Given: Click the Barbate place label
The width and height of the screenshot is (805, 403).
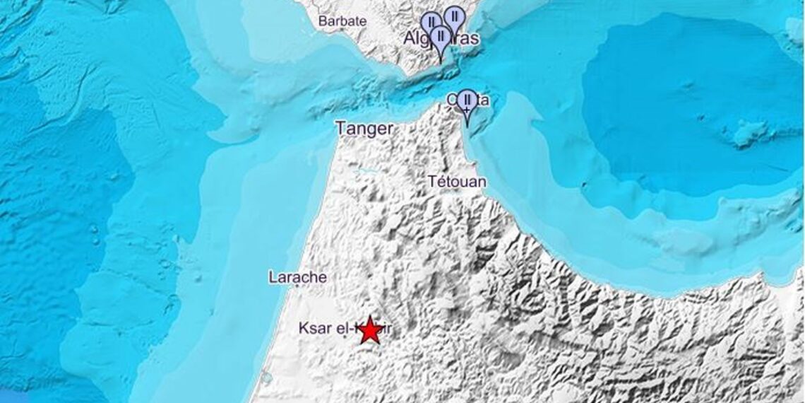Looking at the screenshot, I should (x=342, y=21).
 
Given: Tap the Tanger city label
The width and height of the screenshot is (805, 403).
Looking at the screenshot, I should (x=364, y=129).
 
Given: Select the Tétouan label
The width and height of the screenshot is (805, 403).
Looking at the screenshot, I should (x=457, y=182).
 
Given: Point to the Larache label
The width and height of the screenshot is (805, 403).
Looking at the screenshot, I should (x=297, y=277).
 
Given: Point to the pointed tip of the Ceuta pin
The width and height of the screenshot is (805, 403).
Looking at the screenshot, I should (x=466, y=127).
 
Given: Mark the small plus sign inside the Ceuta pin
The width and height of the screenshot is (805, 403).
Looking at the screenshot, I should (x=466, y=112).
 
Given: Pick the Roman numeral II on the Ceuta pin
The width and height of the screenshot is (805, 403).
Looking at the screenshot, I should (x=466, y=100).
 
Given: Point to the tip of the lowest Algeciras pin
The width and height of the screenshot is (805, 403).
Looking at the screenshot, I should (x=441, y=62).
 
